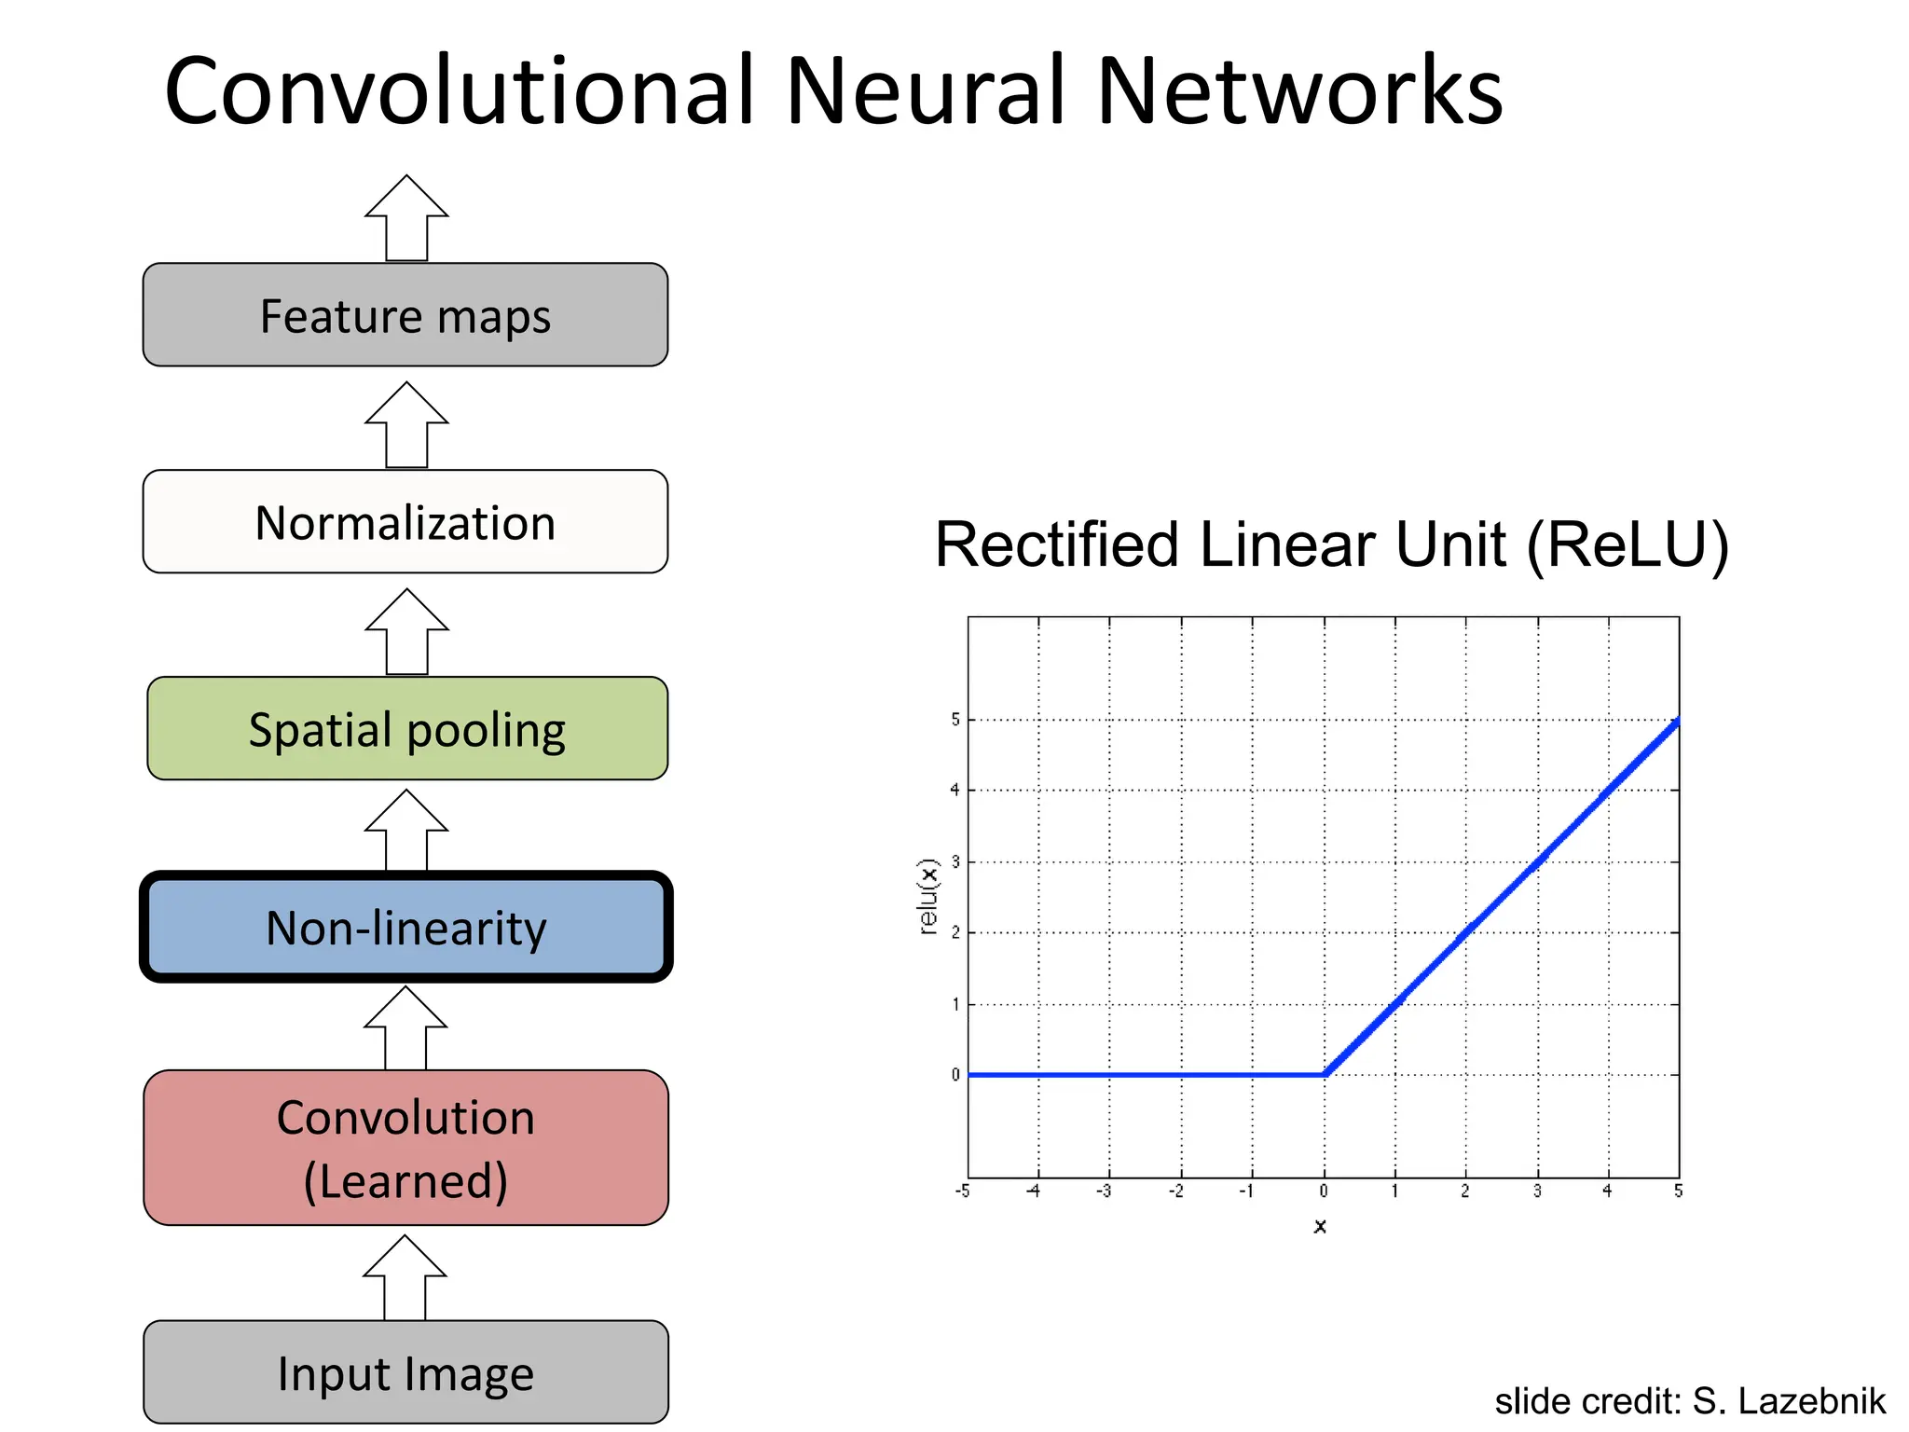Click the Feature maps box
coord(405,315)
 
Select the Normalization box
coord(405,522)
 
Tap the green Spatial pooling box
coord(407,729)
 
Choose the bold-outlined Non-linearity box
coord(406,928)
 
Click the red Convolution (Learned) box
coord(405,1148)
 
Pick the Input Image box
coord(405,1372)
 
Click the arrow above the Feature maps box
coord(406,220)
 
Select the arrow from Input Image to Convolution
coord(405,1279)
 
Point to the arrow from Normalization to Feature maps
coord(406,427)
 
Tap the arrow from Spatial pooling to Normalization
coord(406,634)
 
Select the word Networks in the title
coord(1299,90)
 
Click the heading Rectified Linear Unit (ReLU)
coord(1331,544)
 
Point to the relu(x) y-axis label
coord(927,896)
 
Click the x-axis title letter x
coord(1320,1226)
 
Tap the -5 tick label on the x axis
coord(962,1191)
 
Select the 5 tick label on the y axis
coord(954,720)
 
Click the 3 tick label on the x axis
coord(1537,1191)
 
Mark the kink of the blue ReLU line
coord(1325,1074)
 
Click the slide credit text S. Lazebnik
coord(1788,1401)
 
